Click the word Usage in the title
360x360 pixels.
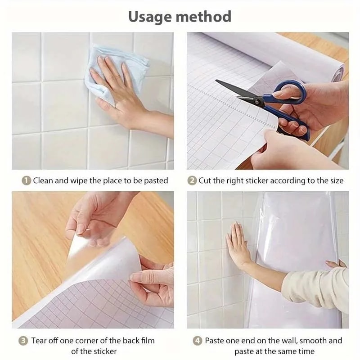[x=149, y=17]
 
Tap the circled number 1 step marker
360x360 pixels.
[x=27, y=180]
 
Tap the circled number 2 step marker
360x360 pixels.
[x=192, y=180]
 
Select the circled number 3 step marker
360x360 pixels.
[x=23, y=341]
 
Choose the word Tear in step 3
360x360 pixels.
[x=40, y=341]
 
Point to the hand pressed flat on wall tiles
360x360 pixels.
[x=238, y=245]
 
